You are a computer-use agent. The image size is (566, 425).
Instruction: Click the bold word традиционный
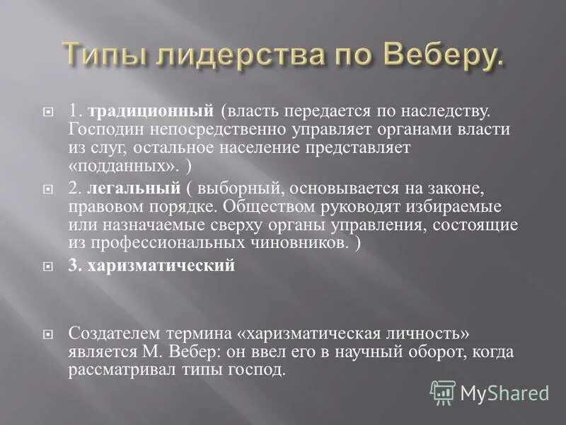coord(151,111)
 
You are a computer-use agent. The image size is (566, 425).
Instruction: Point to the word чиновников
coord(303,244)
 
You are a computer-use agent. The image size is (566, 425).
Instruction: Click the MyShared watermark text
coord(504,392)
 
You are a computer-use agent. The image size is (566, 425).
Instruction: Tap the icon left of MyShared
coord(443,392)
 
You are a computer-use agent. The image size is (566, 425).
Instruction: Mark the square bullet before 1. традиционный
coord(49,112)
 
